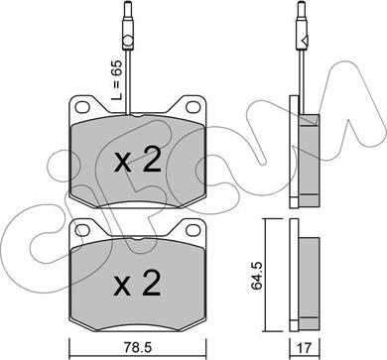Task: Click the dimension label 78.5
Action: pos(138,347)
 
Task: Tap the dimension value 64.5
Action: pos(256,276)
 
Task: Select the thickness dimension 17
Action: pos(305,347)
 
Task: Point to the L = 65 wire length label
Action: pos(116,80)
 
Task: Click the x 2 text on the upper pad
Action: pos(138,160)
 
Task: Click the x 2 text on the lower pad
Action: pos(138,284)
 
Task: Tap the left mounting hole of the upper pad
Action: pos(82,107)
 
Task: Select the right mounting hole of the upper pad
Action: pos(193,107)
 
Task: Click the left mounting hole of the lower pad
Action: pos(82,230)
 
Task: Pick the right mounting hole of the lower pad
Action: pos(193,230)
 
